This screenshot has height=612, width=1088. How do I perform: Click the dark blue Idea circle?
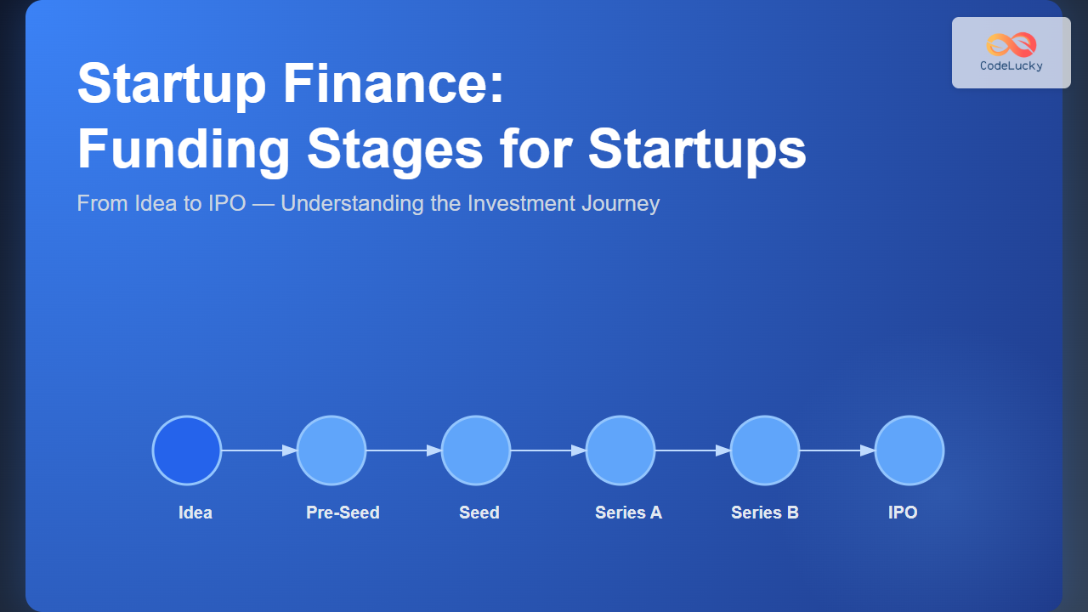[187, 450]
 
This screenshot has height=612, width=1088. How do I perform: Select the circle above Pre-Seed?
[331, 450]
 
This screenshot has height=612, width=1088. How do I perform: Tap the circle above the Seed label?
[476, 450]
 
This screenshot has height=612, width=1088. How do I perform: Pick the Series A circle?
[620, 450]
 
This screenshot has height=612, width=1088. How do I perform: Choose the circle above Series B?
[765, 450]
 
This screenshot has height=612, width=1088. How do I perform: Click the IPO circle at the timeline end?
[909, 450]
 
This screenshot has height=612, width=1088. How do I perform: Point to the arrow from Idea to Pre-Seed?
[259, 450]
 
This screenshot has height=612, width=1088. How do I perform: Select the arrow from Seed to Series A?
[548, 450]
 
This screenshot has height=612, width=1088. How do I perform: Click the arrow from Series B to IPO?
[837, 450]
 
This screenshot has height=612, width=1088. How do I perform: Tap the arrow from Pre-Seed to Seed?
[404, 450]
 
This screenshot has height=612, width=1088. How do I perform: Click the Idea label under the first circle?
[195, 513]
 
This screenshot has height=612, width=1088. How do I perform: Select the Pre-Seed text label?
[343, 513]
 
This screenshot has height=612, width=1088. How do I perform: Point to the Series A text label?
[628, 513]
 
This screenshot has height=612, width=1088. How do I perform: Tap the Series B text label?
[765, 513]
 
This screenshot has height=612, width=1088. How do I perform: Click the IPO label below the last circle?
[903, 513]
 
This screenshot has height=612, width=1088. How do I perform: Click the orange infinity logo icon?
[1011, 45]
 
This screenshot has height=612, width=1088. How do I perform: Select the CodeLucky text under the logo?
[1011, 65]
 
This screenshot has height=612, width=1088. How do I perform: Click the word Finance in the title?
[394, 83]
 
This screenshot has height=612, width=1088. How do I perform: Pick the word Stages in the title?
[395, 149]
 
